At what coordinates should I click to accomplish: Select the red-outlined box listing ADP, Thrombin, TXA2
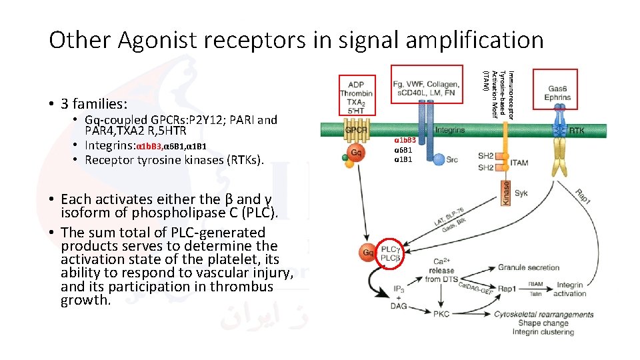point(356,94)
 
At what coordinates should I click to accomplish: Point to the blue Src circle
point(439,159)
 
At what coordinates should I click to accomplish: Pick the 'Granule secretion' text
point(529,267)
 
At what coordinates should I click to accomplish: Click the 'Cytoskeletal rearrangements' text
point(543,315)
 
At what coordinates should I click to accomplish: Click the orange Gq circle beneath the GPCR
point(356,153)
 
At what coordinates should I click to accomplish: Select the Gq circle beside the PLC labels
point(367,253)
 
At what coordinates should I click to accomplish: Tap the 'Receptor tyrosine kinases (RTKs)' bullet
point(174,159)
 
